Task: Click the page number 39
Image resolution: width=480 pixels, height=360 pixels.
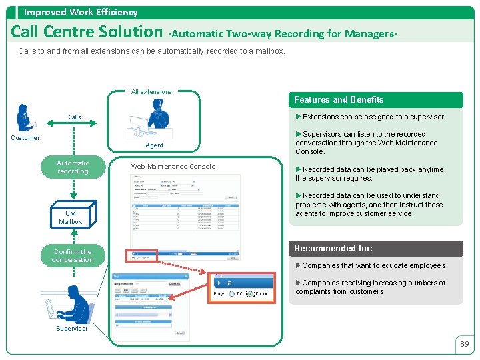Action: point(465,344)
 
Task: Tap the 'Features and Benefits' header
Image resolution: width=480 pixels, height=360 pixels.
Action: point(339,100)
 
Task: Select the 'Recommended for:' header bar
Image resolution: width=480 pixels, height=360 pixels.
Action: point(333,249)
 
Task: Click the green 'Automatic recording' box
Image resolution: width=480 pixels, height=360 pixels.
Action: point(73,167)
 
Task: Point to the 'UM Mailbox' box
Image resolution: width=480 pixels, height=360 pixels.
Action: point(71,217)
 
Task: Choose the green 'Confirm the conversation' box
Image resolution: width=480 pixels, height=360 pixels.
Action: point(73,256)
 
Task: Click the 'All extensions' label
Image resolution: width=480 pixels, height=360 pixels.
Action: point(151,92)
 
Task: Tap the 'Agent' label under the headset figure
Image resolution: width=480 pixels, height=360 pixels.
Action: point(154,145)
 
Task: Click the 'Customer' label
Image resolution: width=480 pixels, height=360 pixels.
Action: point(25,138)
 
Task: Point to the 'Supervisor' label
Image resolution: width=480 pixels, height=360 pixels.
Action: point(71,329)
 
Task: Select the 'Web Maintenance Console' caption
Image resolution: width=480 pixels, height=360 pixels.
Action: point(173,167)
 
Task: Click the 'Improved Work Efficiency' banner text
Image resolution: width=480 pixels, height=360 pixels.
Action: point(81,12)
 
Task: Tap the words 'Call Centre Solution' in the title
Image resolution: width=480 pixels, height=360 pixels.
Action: point(87,31)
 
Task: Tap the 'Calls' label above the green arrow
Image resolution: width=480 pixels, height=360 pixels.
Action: point(73,117)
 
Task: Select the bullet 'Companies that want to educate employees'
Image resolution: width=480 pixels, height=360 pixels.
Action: point(373,266)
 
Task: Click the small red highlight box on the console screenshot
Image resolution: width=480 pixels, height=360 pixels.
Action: point(141,255)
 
